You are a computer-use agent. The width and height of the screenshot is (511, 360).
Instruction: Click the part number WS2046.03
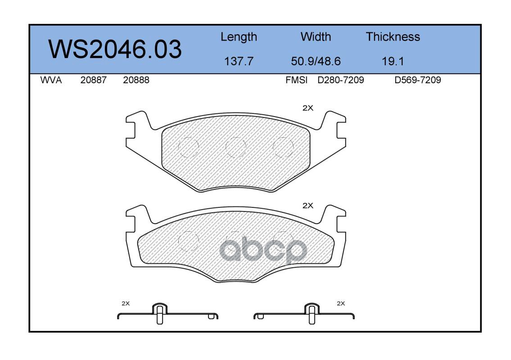click(x=115, y=49)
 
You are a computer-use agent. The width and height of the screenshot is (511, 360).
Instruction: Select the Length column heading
click(x=239, y=37)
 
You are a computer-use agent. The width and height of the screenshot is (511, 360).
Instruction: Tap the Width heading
click(x=316, y=36)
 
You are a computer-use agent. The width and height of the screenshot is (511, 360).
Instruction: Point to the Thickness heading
click(x=393, y=36)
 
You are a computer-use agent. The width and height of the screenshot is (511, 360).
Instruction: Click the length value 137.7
click(x=239, y=61)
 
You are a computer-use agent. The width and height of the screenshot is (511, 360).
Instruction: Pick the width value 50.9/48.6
click(x=316, y=61)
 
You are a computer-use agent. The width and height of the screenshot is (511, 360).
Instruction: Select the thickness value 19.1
click(x=393, y=61)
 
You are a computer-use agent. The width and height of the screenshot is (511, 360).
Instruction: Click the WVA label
click(x=51, y=80)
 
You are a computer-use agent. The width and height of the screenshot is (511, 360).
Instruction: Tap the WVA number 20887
click(x=94, y=80)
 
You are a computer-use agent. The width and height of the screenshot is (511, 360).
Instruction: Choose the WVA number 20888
click(x=136, y=80)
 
